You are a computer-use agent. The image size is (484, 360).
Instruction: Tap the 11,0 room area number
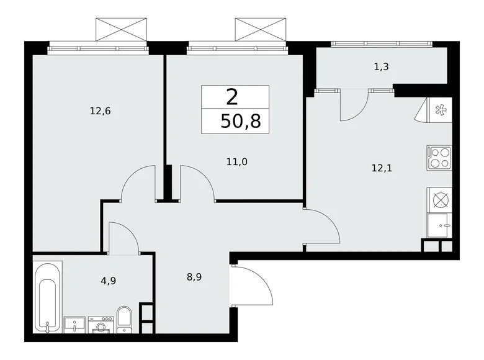tap(236, 162)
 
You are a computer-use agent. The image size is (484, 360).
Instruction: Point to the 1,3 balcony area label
tap(381, 67)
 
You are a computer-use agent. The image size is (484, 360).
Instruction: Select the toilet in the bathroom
tap(123, 318)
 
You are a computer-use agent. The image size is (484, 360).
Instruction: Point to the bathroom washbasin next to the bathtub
tap(74, 323)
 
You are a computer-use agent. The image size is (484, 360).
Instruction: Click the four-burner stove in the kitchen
tap(439, 157)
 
